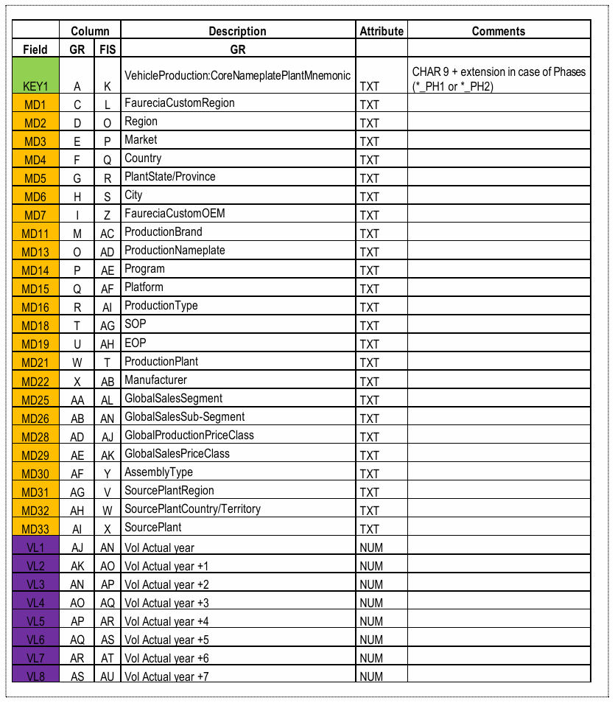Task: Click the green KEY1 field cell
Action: [x=35, y=75]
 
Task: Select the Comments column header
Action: [x=499, y=31]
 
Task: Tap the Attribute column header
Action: [x=382, y=31]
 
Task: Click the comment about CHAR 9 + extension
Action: [x=500, y=79]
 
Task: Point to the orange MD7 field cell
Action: [x=35, y=214]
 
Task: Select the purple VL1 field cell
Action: [x=35, y=548]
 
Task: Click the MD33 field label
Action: [x=35, y=528]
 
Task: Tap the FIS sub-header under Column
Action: [x=108, y=49]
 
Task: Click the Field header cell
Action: [x=35, y=49]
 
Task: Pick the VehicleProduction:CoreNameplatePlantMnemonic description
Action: [x=237, y=76]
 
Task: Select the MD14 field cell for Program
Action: [x=35, y=270]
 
